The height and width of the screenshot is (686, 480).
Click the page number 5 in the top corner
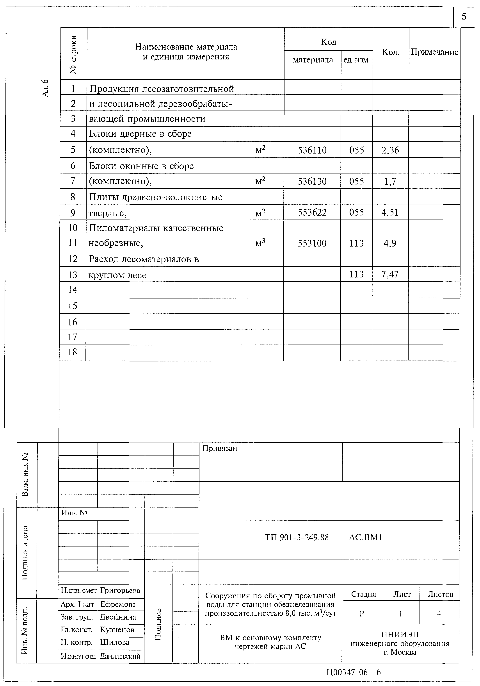(464, 16)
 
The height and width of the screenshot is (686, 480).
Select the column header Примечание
(434, 52)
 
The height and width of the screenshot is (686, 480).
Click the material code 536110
(312, 150)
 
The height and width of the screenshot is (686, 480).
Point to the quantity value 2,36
(390, 150)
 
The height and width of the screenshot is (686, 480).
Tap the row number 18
(73, 352)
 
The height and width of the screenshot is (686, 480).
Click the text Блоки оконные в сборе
(141, 166)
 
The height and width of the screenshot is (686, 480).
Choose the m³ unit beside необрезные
(260, 243)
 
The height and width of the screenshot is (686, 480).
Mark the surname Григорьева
(120, 591)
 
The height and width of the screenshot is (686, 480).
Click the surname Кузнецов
(117, 630)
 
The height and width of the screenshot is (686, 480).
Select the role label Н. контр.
(77, 642)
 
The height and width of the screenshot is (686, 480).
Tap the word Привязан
(220, 448)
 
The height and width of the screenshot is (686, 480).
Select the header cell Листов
(440, 594)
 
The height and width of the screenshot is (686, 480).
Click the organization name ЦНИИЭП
(400, 634)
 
